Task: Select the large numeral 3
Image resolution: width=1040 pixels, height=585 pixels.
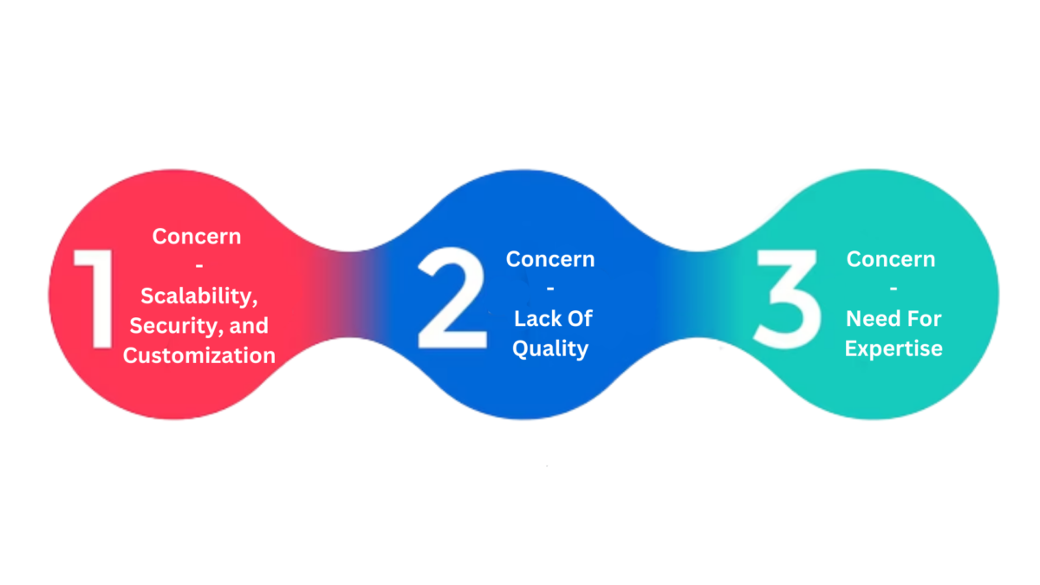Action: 786,299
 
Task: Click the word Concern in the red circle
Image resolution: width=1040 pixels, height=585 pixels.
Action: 197,236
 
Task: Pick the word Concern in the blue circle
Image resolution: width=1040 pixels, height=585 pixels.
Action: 550,259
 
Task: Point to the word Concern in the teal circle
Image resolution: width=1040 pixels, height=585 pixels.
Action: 891,259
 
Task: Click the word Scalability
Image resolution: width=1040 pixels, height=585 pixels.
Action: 198,296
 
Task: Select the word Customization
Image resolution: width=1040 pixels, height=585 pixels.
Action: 199,355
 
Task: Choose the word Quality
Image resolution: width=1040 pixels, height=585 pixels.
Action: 550,348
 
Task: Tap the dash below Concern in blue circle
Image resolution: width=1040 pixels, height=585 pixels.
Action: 550,289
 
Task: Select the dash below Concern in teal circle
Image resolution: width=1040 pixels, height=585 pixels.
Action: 893,289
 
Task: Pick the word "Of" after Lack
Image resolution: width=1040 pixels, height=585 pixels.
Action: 577,319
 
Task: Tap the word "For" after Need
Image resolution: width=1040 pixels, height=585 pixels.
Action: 921,319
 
